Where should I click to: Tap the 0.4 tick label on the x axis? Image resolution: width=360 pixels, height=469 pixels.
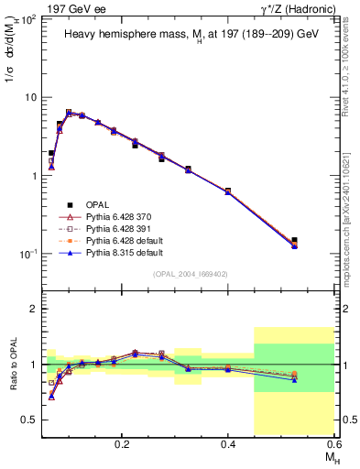pos(227,443)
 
